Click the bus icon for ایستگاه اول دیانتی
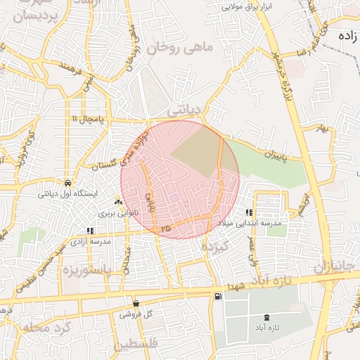point(67,181)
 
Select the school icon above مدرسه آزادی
point(89,230)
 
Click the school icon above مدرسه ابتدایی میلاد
point(249,212)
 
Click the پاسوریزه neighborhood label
point(88,269)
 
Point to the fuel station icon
point(218,297)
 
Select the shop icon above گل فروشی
point(136,303)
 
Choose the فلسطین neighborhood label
point(138,345)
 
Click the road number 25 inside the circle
point(166,229)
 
